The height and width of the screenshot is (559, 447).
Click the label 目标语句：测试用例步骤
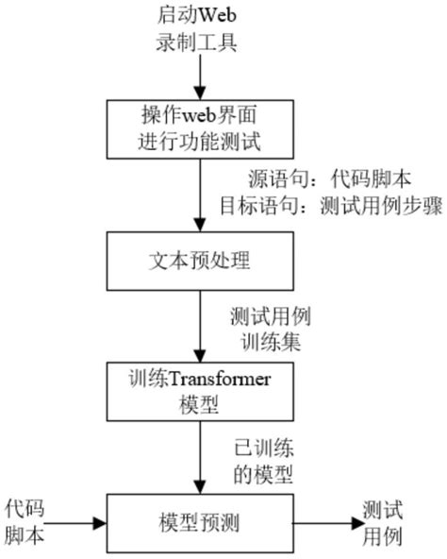pos(324,206)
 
